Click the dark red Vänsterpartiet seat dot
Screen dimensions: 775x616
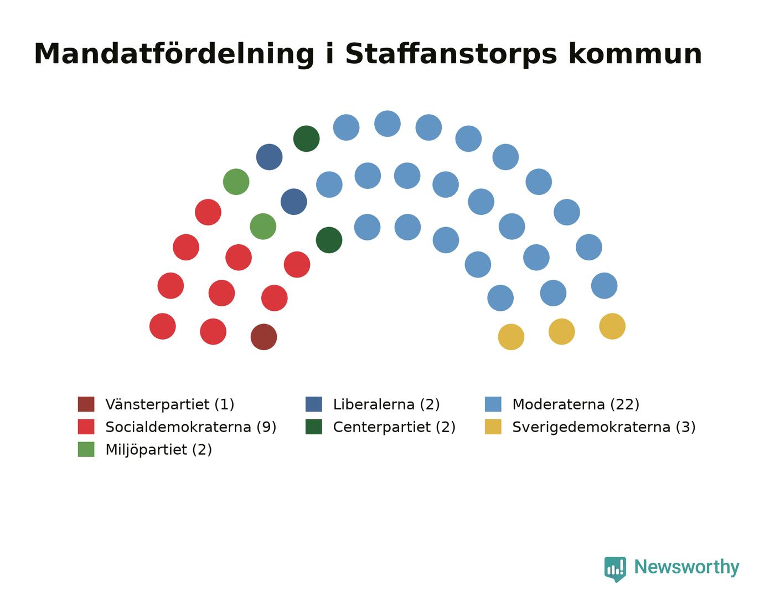point(263,337)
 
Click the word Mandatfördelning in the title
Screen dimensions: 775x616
point(174,54)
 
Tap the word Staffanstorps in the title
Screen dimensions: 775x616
point(451,54)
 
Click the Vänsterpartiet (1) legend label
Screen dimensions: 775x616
point(169,404)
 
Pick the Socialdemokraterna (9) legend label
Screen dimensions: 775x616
point(191,427)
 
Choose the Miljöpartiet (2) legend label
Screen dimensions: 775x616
point(158,449)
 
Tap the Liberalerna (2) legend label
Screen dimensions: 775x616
point(386,404)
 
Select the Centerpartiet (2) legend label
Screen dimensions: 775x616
point(394,427)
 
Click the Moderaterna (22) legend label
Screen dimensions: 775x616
point(576,404)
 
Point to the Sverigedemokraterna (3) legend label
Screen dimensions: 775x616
point(604,427)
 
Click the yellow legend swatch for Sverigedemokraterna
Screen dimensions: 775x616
point(493,427)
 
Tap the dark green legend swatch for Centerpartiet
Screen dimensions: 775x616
point(314,427)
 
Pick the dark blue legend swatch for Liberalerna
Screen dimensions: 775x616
point(314,404)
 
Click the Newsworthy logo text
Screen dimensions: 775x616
point(686,567)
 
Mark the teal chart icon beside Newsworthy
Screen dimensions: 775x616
point(615,569)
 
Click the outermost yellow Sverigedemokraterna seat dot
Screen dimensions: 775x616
point(612,326)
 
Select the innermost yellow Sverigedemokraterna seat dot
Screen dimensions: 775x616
point(511,337)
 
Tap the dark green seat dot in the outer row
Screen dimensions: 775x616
point(307,138)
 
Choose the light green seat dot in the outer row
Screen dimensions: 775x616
point(236,182)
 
